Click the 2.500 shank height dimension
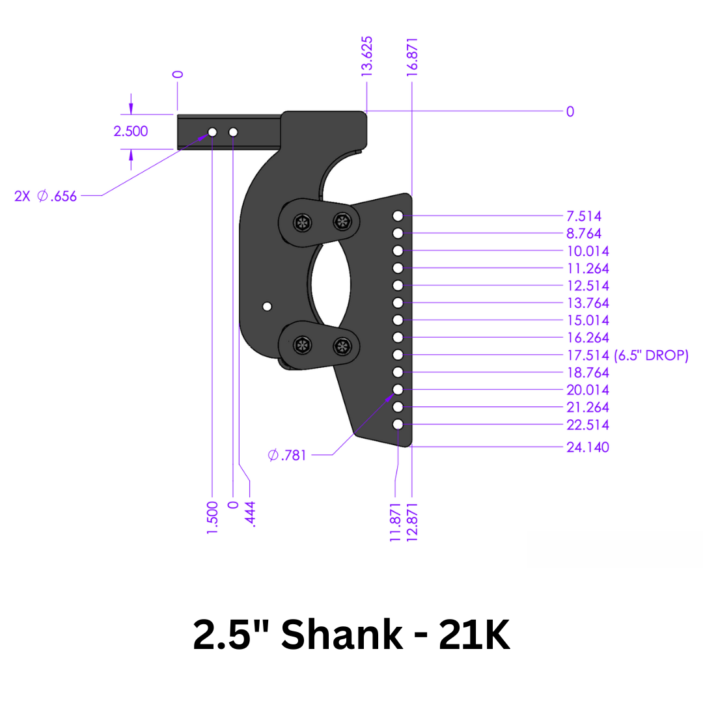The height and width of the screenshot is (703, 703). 131,131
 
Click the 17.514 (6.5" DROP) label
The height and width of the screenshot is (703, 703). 627,355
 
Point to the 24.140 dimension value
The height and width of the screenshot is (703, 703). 588,447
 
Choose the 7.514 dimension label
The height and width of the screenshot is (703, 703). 584,216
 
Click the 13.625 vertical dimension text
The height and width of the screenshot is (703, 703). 367,57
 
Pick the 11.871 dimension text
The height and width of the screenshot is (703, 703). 395,522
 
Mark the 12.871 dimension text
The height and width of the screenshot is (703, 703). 412,522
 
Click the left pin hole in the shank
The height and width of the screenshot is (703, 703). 212,132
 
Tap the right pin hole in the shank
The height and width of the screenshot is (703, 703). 233,132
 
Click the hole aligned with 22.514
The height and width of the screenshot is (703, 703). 398,425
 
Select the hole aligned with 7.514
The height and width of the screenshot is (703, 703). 398,216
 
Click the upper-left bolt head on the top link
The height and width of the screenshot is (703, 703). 302,223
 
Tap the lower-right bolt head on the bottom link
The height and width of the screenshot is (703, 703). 341,346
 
